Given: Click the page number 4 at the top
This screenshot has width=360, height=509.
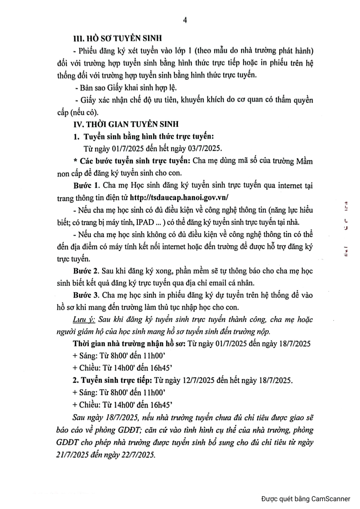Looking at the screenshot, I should click(185, 20).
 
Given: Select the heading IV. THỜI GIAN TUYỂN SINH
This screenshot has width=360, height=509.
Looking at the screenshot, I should click(126, 124).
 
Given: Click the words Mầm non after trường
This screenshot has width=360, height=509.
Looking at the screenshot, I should click(304, 161).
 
